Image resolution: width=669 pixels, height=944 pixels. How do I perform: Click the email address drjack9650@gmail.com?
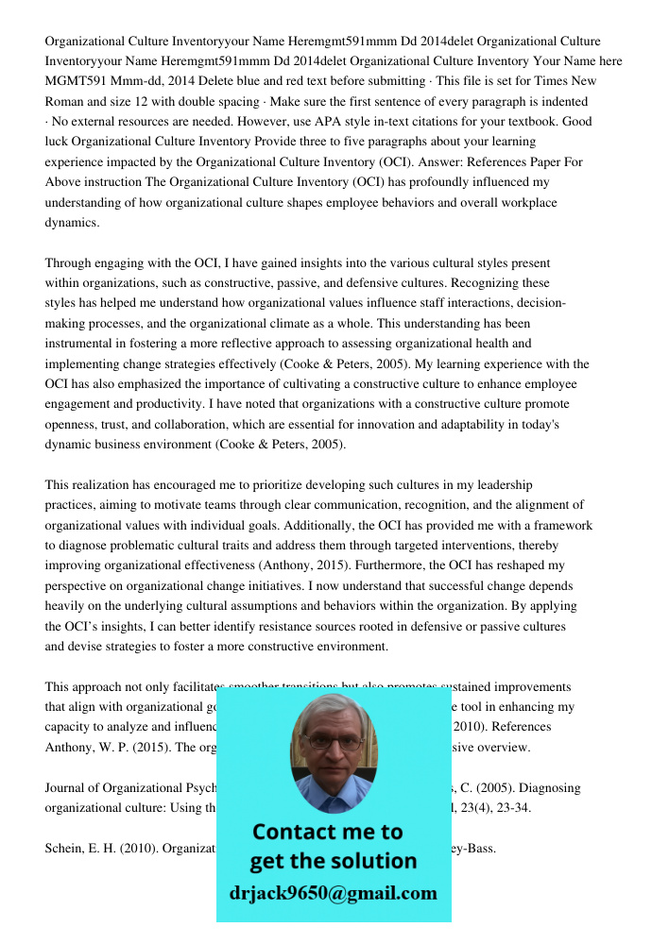click(x=334, y=893)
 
